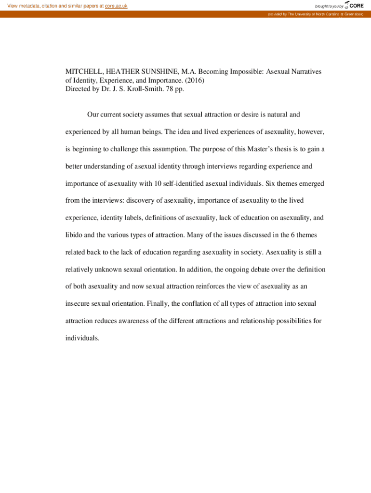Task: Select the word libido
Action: tap(74, 235)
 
